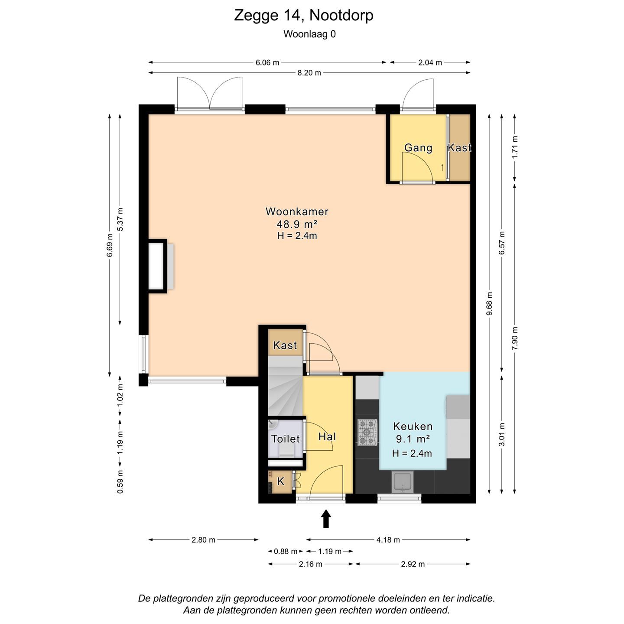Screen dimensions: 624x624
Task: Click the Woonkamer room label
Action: (297, 211)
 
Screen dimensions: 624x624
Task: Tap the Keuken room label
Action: (413, 426)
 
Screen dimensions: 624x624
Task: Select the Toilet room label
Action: (285, 439)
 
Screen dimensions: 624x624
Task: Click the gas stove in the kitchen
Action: (367, 432)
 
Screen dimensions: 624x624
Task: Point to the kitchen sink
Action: (402, 482)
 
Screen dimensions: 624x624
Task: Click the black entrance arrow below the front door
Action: (326, 519)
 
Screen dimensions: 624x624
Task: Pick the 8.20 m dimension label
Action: (309, 73)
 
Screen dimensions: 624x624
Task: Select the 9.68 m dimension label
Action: (489, 303)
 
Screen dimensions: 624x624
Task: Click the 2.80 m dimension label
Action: (203, 540)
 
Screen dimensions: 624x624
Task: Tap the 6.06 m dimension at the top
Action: (267, 62)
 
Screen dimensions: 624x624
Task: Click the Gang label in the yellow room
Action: (418, 148)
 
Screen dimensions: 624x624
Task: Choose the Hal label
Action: (327, 436)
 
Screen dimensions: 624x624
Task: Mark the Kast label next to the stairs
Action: (285, 345)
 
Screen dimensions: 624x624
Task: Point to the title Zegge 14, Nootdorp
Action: (304, 15)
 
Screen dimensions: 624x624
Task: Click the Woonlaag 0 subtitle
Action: (309, 34)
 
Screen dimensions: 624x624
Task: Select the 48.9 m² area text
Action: (297, 224)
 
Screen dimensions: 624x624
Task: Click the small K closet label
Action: (281, 481)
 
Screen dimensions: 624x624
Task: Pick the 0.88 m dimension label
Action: (286, 551)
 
